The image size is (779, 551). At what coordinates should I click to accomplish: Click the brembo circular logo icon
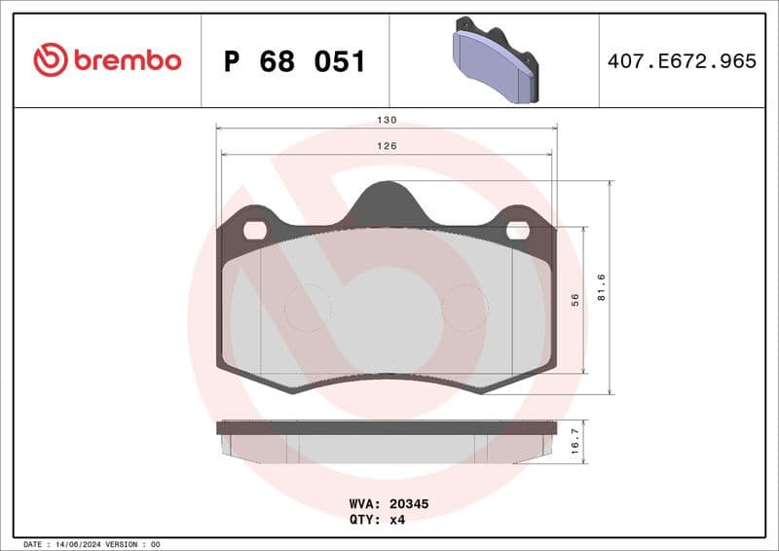click(51, 60)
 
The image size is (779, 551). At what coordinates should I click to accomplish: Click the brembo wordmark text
click(126, 60)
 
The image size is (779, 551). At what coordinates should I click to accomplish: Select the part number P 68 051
click(295, 61)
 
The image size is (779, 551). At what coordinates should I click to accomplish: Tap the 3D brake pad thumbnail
click(495, 61)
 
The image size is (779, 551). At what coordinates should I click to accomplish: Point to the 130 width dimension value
click(387, 120)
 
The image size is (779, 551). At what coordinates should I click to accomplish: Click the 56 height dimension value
click(575, 301)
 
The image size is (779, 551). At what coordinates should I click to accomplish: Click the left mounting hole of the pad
click(255, 230)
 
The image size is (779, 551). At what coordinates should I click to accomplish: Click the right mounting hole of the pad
click(518, 230)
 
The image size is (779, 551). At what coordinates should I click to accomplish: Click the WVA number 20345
click(409, 505)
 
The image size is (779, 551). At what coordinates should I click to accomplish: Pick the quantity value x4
click(396, 520)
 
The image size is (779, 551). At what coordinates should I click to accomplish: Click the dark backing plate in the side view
click(387, 427)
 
